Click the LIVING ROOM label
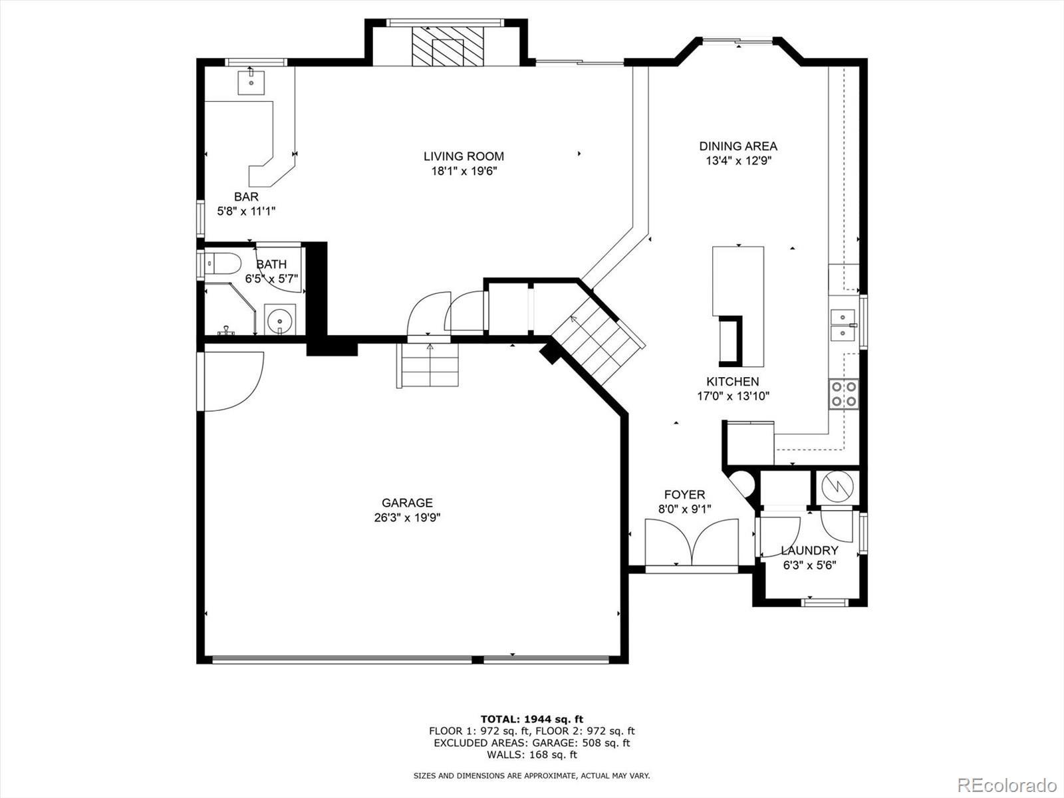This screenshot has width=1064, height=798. tap(464, 156)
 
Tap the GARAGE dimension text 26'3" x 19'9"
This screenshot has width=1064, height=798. tap(407, 517)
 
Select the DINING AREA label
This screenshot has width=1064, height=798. tap(738, 146)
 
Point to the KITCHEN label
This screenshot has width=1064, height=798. tap(732, 381)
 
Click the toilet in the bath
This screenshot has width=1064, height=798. tap(223, 264)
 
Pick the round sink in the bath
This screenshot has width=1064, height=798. tap(280, 321)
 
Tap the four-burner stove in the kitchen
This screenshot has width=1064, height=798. tap(843, 394)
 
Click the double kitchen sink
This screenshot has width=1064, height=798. tap(843, 325)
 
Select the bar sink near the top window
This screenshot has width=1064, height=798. tap(251, 82)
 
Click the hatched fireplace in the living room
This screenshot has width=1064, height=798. tap(448, 47)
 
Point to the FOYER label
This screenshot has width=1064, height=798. tap(684, 495)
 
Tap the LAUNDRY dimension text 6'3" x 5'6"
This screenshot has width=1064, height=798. tap(809, 565)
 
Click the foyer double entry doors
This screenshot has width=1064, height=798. tap(692, 542)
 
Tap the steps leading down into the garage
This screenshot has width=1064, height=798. tap(428, 365)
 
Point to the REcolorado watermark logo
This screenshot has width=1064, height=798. tap(1007, 785)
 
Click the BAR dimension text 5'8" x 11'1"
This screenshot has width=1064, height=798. tap(246, 211)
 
